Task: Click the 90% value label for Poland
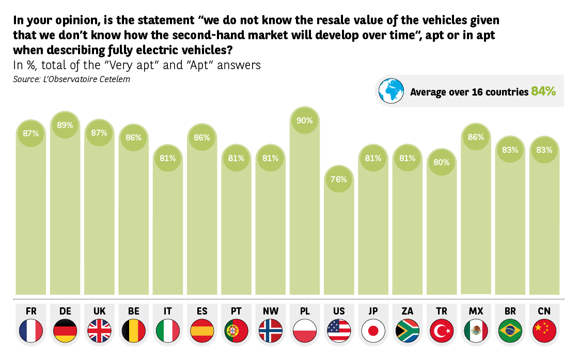305,120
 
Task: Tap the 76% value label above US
339,180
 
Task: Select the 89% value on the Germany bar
65,125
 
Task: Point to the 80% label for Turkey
442,162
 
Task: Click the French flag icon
31,330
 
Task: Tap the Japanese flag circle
373,330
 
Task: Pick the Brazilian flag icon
510,330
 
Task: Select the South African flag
408,330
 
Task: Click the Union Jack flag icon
99,330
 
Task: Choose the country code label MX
476,311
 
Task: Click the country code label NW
271,311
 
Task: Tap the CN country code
544,311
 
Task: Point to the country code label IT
167,311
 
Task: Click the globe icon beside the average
391,91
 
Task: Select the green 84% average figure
543,91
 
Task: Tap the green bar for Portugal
236,227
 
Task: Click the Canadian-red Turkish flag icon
442,330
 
